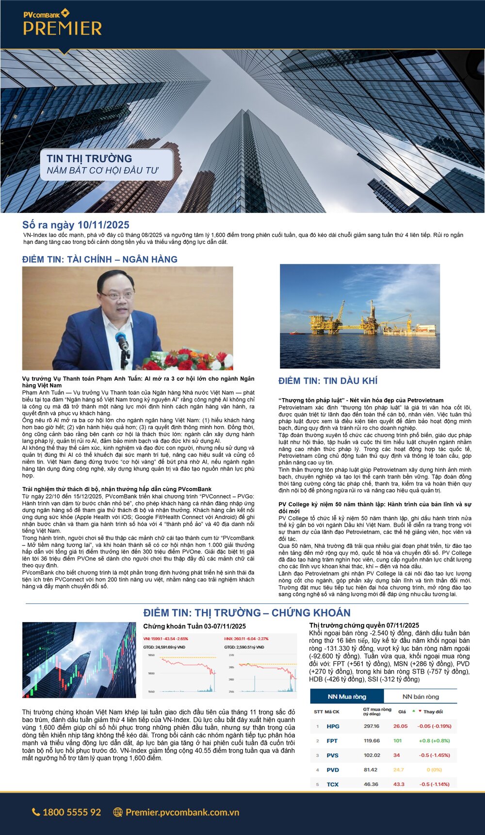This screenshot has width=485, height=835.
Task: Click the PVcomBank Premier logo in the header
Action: click(x=62, y=23)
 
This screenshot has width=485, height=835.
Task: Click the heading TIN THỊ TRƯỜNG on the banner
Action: click(x=89, y=159)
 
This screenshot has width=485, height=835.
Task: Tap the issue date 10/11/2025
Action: click(x=103, y=225)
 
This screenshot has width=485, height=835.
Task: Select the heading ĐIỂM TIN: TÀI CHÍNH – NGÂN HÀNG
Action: click(x=100, y=259)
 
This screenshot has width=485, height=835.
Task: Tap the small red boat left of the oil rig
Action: click(x=294, y=332)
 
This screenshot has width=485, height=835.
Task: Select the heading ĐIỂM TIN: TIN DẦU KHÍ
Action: click(x=328, y=381)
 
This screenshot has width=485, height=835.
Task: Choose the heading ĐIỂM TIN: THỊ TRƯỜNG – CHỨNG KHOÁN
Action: click(x=246, y=613)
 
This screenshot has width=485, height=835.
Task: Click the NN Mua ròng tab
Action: click(x=347, y=697)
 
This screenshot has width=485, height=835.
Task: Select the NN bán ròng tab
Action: click(x=420, y=697)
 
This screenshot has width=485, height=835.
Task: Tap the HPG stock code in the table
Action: click(x=333, y=726)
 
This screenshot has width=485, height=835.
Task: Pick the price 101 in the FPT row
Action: click(x=397, y=741)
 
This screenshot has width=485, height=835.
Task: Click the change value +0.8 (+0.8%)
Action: click(x=434, y=741)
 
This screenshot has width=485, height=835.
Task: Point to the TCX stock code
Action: click(x=332, y=784)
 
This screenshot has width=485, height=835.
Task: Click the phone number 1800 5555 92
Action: click(x=72, y=812)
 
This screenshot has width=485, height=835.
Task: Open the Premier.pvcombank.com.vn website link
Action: click(x=182, y=812)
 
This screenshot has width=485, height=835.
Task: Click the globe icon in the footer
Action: click(x=117, y=812)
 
